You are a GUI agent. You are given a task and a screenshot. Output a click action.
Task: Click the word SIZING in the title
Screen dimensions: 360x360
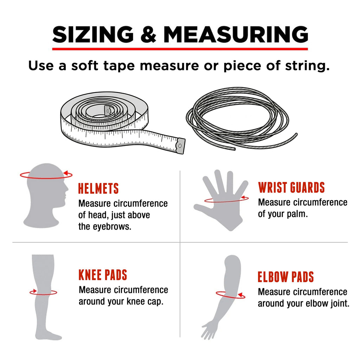[93, 34]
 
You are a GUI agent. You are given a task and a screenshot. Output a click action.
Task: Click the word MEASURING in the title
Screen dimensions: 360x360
[236, 34]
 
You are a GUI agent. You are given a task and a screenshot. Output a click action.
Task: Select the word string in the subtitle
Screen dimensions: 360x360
[307, 66]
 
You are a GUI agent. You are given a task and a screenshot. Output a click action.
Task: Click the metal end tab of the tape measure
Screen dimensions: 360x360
[180, 146]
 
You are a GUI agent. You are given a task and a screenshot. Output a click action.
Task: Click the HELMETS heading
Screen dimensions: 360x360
[98, 188]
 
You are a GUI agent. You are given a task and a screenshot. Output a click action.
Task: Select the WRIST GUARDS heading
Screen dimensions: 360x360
[291, 187]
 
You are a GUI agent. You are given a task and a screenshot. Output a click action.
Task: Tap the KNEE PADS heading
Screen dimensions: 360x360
[103, 275]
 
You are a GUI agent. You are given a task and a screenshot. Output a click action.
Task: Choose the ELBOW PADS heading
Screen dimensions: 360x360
[285, 277]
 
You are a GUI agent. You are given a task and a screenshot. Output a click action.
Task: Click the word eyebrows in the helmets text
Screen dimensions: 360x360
[112, 227]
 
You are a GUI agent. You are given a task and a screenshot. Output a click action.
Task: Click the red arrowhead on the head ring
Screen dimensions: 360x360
[66, 173]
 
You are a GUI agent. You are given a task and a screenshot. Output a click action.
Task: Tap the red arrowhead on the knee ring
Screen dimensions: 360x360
[34, 291]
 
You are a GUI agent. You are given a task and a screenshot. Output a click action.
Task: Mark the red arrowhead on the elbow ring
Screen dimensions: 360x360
[240, 295]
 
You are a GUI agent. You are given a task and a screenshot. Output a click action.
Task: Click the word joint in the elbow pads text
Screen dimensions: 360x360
[340, 303]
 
